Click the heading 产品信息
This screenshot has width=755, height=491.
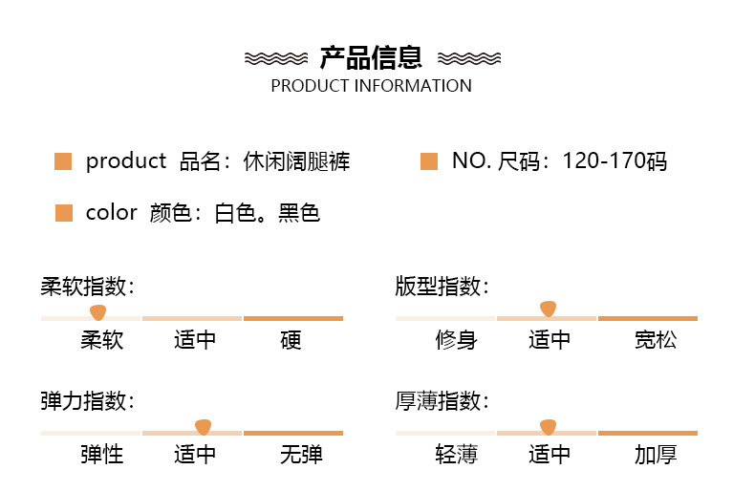pos(371,58)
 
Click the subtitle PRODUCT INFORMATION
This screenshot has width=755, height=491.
pos(371,86)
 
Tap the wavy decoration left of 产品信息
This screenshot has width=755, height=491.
pos(276,58)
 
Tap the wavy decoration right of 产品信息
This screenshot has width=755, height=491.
pos(467,58)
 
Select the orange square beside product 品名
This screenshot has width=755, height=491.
pos(63,161)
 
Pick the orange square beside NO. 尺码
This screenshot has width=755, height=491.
pos(429,161)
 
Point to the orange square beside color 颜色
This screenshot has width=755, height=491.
pos(63,212)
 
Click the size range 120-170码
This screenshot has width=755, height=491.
pos(615,161)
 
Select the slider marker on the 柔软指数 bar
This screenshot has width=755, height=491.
pos(97,312)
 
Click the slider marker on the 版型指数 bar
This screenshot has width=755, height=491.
pos(548,309)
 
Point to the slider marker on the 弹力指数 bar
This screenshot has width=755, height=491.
pos(202,427)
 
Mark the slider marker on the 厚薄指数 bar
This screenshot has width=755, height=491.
pos(548,427)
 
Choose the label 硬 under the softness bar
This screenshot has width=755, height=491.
pos(291,340)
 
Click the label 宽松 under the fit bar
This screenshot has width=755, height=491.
pos(656,340)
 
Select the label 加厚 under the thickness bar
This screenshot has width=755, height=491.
pos(656,455)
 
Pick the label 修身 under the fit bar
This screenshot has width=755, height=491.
pos(456,340)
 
